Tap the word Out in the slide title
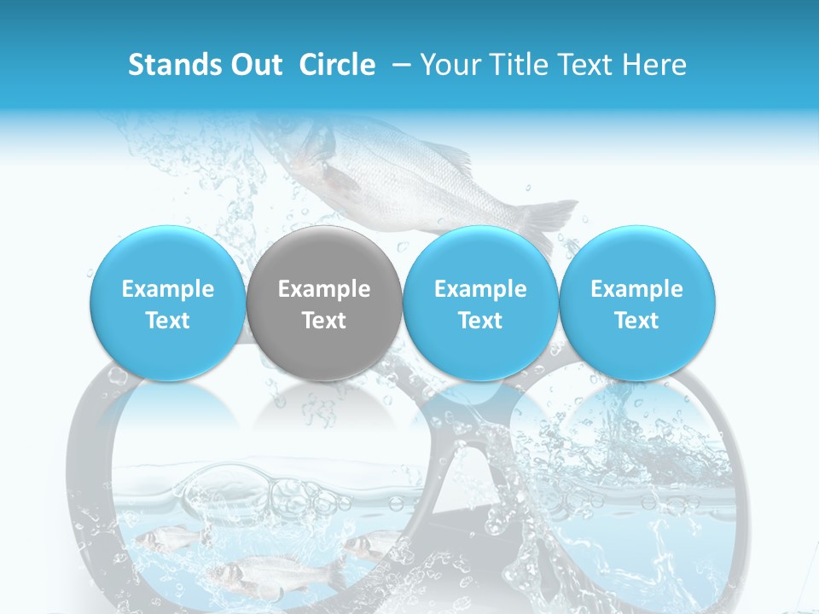coord(253,65)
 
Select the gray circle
coord(324,304)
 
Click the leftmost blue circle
coord(168,304)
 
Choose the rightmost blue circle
coord(637,304)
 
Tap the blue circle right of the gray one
coord(480,304)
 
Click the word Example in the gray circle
coord(324,289)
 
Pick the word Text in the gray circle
coord(324,321)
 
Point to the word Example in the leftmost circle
coord(168,289)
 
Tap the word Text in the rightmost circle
coord(637,321)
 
